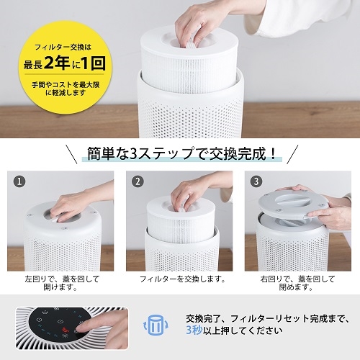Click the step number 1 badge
pyautogui.click(x=19, y=181)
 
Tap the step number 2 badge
pyautogui.click(x=138, y=181)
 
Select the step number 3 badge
pyautogui.click(x=256, y=181)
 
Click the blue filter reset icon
pyautogui.click(x=156, y=325)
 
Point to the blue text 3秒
pyautogui.click(x=194, y=330)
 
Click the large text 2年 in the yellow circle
pyautogui.click(x=57, y=63)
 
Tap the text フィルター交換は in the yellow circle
pyautogui.click(x=63, y=47)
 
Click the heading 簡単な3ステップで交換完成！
pyautogui.click(x=182, y=153)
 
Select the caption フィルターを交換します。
pyautogui.click(x=182, y=279)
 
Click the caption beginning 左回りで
pyautogui.click(x=62, y=283)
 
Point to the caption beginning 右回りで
pyautogui.click(x=297, y=283)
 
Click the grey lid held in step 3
pyautogui.click(x=294, y=203)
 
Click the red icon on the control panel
pyautogui.click(x=65, y=330)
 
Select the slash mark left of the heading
pyautogui.click(x=72, y=154)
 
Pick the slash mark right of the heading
pyautogui.click(x=292, y=154)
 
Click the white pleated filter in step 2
pyautogui.click(x=181, y=225)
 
